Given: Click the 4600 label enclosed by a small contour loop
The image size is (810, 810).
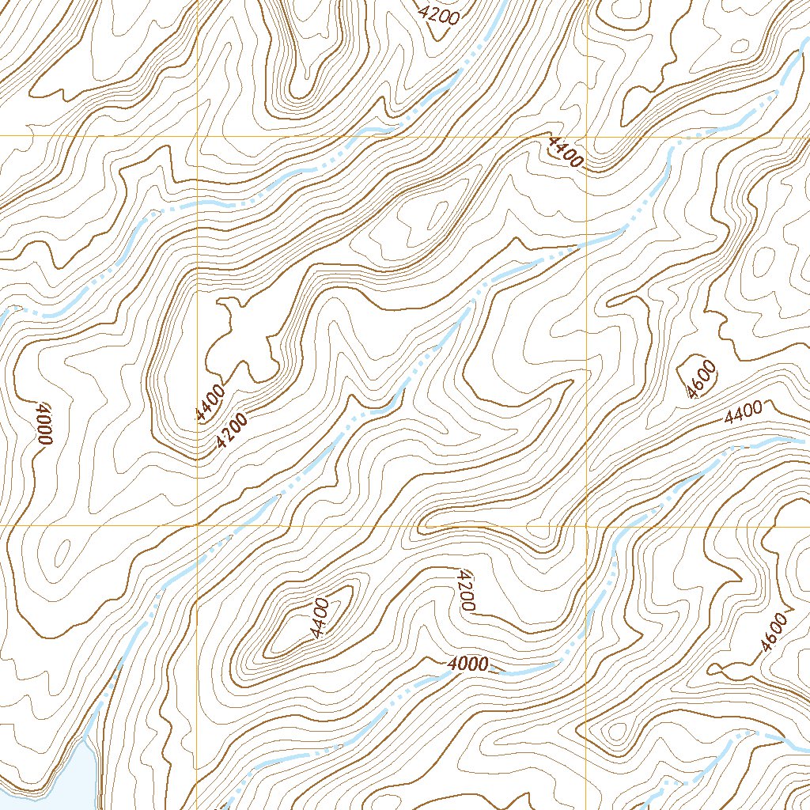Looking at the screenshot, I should [702, 379].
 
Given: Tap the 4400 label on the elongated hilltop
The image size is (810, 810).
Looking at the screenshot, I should [320, 619].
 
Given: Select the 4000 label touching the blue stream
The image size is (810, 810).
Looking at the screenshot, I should [467, 664].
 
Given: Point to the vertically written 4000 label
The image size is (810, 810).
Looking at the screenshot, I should [42, 425].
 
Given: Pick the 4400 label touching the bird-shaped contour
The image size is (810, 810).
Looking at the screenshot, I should [210, 401].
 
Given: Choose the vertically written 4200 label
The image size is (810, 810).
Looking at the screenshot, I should [465, 590].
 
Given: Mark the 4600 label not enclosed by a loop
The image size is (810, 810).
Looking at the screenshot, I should [773, 632].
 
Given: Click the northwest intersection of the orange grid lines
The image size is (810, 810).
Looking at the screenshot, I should [196, 137].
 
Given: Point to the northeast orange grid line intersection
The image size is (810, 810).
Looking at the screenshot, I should [587, 137].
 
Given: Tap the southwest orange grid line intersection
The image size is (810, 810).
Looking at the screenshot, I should [196, 524].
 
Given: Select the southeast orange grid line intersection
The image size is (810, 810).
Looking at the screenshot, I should [587, 524].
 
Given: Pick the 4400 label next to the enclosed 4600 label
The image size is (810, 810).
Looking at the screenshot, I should [743, 411].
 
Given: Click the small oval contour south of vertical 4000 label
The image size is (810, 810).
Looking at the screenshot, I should [62, 550].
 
